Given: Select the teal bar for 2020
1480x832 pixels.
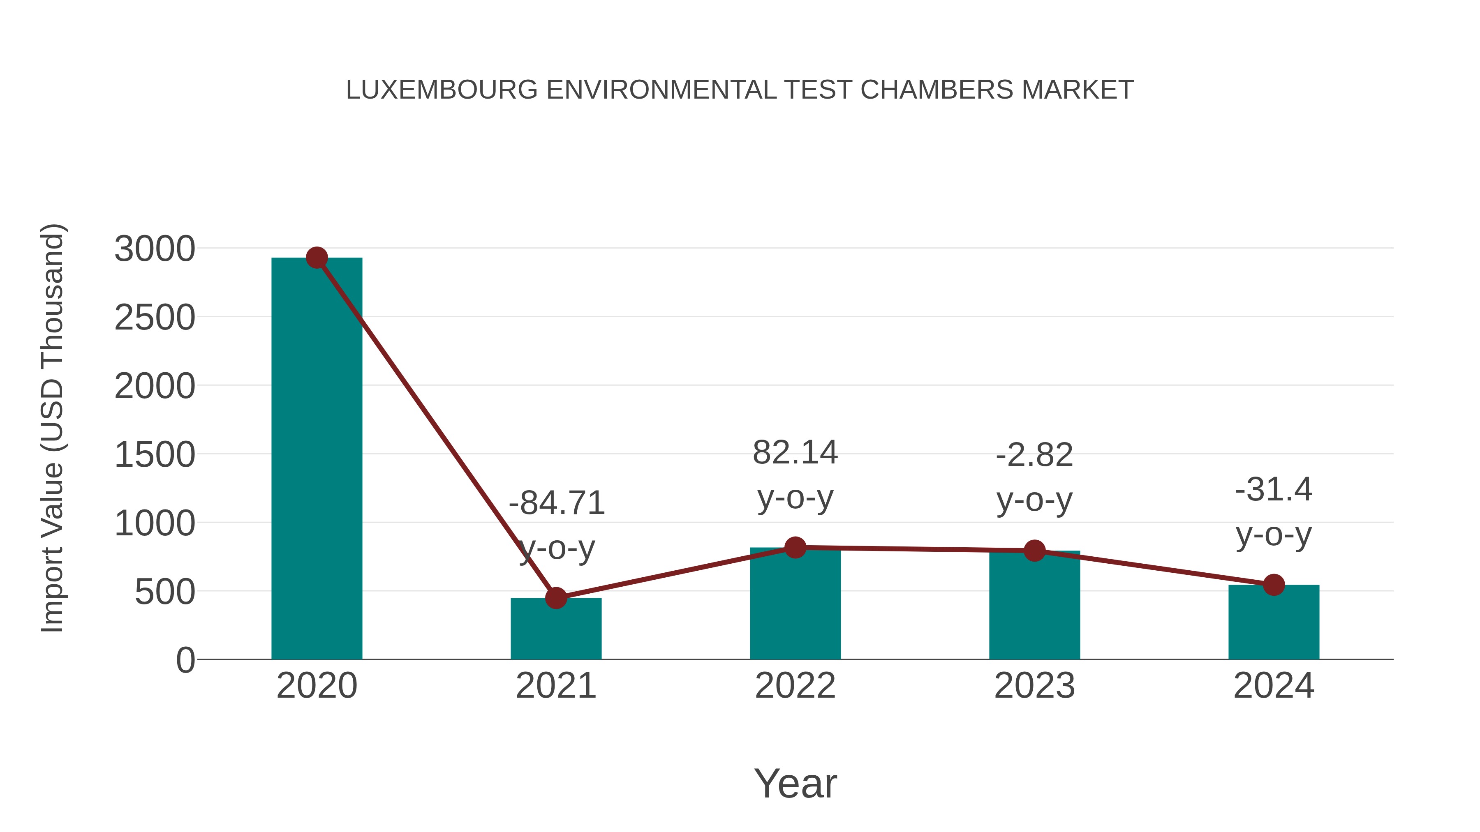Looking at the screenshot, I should (x=317, y=459).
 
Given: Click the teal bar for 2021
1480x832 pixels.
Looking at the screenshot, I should (x=555, y=631).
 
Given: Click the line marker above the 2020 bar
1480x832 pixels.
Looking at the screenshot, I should (x=317, y=258).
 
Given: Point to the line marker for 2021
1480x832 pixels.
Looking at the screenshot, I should (x=555, y=598).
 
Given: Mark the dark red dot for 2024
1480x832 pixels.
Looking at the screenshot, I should (x=1274, y=585).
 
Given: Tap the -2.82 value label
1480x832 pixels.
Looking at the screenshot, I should (x=1034, y=455).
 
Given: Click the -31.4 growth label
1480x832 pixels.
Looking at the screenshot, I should (x=1274, y=490).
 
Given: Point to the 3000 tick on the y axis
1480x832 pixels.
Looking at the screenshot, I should (x=155, y=249).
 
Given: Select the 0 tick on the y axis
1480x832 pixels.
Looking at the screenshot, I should (x=185, y=660).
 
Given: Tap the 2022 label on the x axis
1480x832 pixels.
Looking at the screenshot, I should (x=795, y=686).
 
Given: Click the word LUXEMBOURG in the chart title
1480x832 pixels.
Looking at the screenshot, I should (x=441, y=90).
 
